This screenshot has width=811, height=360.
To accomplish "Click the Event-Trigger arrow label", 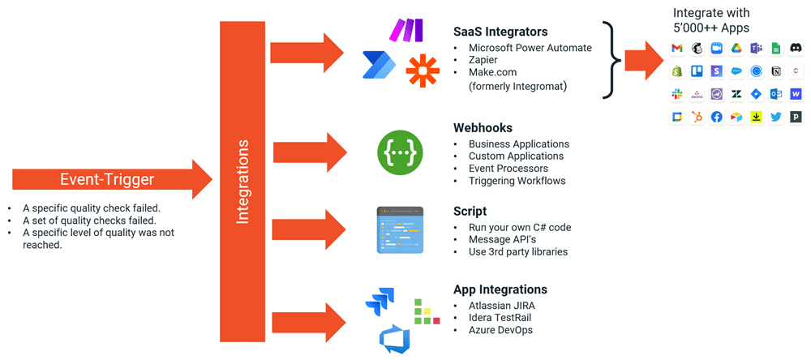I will click(107, 179).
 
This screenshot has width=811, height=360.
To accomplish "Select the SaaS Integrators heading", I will click(500, 32).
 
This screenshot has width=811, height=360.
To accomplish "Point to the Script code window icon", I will click(400, 230).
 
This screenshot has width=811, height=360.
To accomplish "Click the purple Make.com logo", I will click(405, 31).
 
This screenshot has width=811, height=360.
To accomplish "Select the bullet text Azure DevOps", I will click(500, 330).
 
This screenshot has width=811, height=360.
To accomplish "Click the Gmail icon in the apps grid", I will click(676, 49).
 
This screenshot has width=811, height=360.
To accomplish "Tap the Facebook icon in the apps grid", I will click(716, 117).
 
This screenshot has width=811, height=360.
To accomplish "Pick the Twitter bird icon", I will click(776, 117).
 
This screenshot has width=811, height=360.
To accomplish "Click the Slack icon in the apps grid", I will click(676, 94).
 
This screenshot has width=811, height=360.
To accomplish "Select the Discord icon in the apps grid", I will click(796, 49).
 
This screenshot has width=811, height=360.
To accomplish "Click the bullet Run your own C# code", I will click(520, 227).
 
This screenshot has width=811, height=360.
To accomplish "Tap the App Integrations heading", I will click(500, 289).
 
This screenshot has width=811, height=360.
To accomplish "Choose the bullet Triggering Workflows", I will click(517, 181).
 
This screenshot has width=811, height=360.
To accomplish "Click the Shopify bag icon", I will click(676, 71).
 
